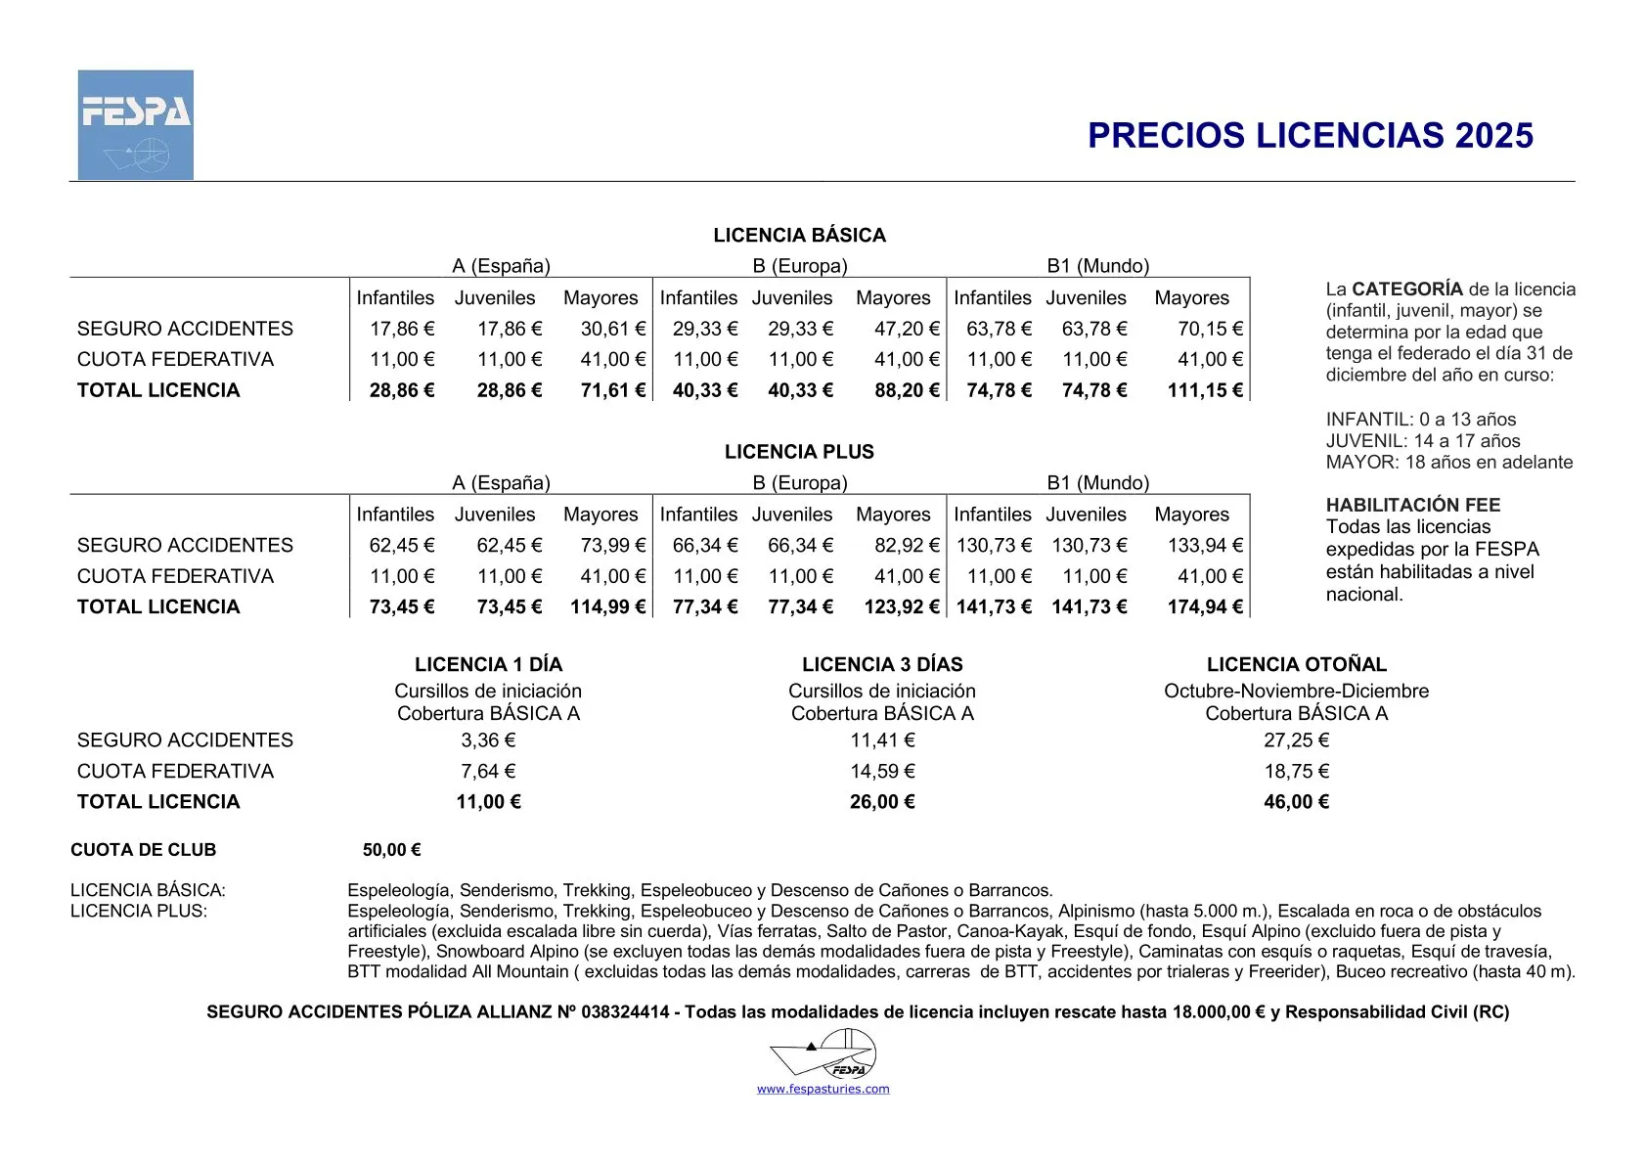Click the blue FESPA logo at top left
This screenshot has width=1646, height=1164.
[136, 124]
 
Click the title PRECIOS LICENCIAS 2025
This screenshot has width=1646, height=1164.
[1310, 136]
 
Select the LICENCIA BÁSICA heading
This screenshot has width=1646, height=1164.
[799, 235]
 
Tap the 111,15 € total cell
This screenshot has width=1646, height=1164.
[1204, 390]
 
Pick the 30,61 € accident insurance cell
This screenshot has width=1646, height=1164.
[612, 329]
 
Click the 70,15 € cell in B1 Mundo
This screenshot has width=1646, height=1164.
[1210, 329]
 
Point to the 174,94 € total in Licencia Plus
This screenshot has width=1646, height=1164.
[1204, 606]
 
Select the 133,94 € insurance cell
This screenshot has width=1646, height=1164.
[1204, 545]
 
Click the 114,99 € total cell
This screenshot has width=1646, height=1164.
[607, 606]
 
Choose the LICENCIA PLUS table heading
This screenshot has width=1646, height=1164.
[799, 452]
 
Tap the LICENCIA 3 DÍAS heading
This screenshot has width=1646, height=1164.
[882, 664]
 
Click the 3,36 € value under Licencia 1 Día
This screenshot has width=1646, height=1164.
[488, 740]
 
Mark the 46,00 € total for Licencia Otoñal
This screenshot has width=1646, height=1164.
[1296, 802]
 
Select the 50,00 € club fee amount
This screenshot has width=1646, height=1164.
[391, 850]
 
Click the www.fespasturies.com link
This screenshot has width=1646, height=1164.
[823, 1089]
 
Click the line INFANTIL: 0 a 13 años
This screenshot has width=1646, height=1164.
[1420, 420]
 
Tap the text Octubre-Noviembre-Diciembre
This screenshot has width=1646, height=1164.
[1296, 691]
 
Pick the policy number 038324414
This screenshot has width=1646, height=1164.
[625, 1012]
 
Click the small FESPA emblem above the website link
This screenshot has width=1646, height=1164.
[823, 1054]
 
